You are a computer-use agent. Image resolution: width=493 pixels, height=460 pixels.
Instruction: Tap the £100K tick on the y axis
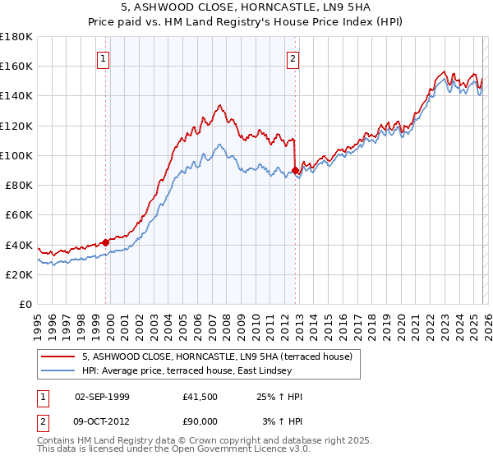16,155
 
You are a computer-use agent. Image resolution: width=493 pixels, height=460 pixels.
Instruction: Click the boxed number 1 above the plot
104,58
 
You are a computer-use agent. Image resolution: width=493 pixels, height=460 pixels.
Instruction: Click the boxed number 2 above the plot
293,58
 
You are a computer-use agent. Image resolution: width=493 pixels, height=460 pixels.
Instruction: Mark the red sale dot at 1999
106,242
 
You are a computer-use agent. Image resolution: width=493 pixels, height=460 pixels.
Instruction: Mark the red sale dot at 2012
296,170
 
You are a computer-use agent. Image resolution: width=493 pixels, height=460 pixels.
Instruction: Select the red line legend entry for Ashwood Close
217,356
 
